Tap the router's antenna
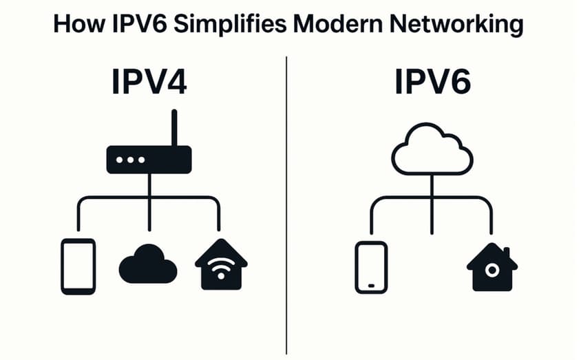[174, 128]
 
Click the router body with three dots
[149, 160]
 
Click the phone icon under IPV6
[371, 267]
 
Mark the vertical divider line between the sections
[286, 207]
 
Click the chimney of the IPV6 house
[507, 251]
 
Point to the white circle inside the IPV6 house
[492, 271]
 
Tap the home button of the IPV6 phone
[371, 284]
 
